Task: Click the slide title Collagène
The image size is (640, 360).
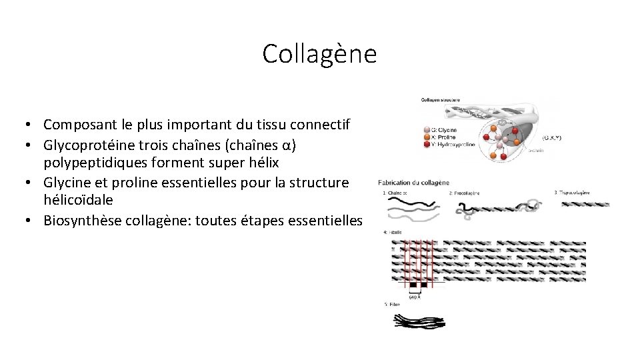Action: (x=319, y=54)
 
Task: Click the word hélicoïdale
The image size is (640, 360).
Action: (x=78, y=200)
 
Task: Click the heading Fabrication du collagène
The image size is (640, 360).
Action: (x=413, y=183)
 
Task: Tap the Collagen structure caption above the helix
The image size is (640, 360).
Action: (x=440, y=100)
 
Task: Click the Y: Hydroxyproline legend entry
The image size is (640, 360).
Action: (x=453, y=144)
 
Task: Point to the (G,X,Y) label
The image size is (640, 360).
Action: (x=551, y=137)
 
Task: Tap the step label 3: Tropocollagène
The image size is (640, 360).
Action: (x=572, y=193)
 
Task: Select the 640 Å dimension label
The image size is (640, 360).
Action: (x=414, y=297)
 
